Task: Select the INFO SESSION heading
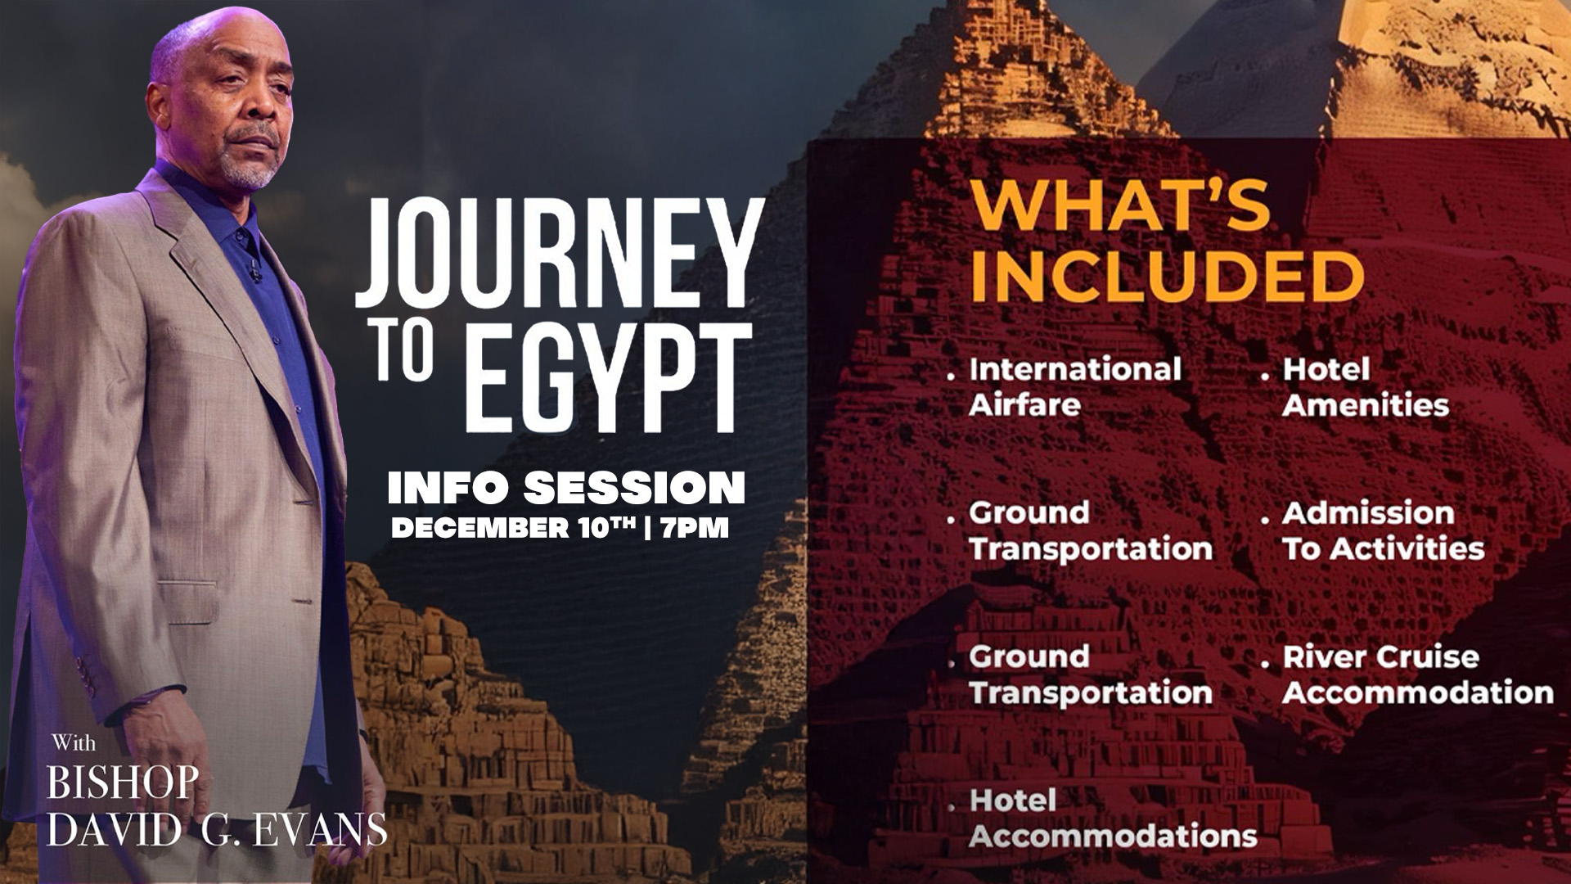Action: (x=566, y=488)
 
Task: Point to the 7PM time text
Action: (x=695, y=528)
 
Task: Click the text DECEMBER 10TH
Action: (x=513, y=528)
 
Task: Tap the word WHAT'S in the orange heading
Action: (x=1119, y=205)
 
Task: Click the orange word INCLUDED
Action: (x=1166, y=276)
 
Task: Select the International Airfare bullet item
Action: (x=1074, y=386)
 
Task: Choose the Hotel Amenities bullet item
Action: (x=1365, y=386)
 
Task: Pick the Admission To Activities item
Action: (x=1383, y=530)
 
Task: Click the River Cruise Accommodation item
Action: (x=1417, y=674)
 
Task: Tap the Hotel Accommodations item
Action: (x=1113, y=818)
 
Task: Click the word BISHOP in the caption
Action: (x=123, y=783)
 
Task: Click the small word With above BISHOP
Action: (x=74, y=743)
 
